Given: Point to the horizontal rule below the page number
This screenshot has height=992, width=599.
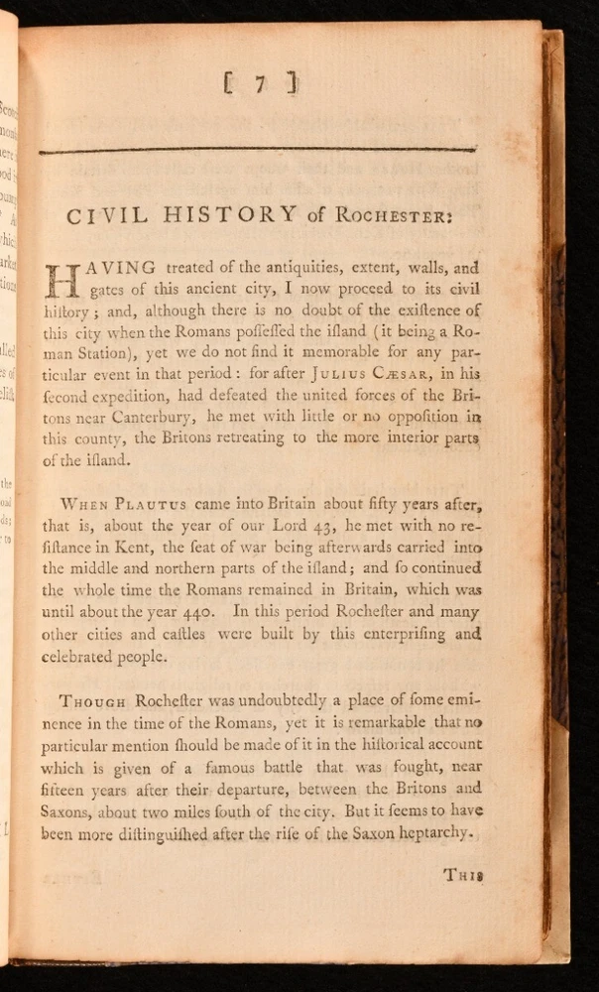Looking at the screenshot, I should (257, 151).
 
